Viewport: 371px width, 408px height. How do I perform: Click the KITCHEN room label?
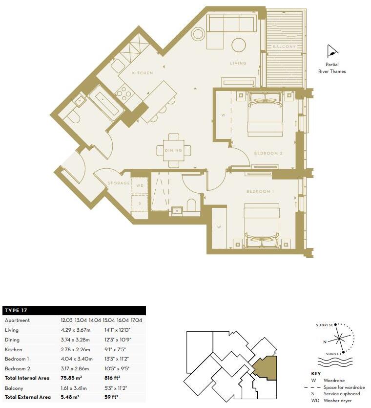(142, 73)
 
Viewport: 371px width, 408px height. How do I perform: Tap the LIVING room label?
(239, 64)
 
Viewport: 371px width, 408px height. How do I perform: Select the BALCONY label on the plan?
(284, 46)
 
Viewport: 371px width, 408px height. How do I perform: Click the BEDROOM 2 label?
(268, 154)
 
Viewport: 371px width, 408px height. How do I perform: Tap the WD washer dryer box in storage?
(140, 186)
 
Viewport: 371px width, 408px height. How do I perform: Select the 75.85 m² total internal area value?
(71, 378)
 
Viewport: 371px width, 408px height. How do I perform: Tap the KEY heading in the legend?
(316, 373)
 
